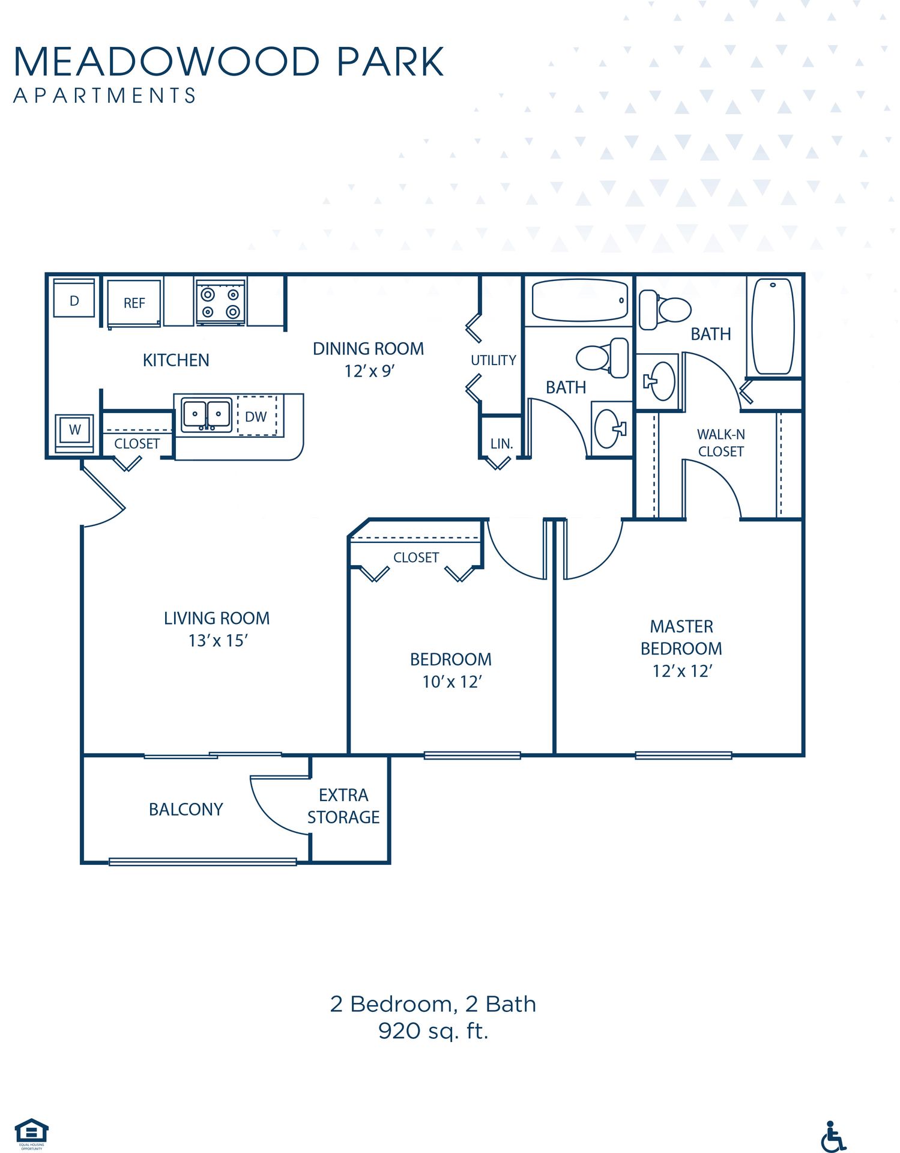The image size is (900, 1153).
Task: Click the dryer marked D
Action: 74,300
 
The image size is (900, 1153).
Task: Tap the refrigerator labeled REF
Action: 134,303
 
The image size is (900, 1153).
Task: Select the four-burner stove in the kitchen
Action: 220,303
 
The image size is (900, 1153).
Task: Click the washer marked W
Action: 74,430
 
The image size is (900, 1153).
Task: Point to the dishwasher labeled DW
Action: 257,416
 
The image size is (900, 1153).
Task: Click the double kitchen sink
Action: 207,414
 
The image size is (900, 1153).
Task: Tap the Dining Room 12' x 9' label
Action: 368,359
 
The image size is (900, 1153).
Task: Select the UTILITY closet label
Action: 493,360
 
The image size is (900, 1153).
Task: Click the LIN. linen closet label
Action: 501,444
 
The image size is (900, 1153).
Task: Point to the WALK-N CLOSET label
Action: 720,443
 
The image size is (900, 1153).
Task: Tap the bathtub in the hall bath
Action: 579,300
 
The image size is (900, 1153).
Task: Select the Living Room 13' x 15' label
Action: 217,629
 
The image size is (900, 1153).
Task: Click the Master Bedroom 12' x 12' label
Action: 681,649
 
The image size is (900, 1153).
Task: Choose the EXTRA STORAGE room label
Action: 343,806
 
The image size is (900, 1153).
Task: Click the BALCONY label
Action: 186,810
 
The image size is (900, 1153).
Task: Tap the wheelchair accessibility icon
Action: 833,1136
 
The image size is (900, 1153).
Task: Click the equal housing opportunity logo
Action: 31,1133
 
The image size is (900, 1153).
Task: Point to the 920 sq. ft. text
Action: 433,1031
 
